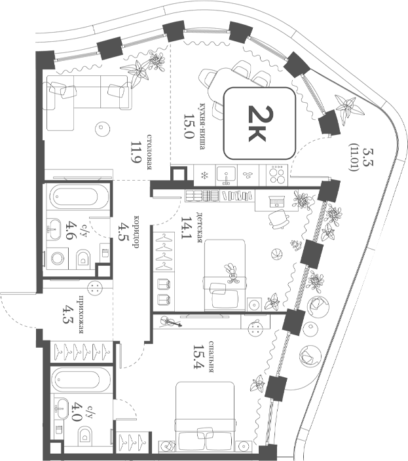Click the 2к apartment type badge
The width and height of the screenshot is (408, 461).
point(259,123)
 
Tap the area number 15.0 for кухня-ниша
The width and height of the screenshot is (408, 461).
point(188,126)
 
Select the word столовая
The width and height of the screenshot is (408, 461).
point(149,153)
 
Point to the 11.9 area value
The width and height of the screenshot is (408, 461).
point(136,154)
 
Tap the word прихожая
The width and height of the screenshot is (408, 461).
point(81,314)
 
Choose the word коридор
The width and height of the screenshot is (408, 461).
point(136,232)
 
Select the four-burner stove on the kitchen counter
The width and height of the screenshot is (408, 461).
point(277,175)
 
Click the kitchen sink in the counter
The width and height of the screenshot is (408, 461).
point(226,175)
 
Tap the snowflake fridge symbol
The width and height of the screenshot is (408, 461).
point(204,175)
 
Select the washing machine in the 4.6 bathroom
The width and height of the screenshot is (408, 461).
point(58,259)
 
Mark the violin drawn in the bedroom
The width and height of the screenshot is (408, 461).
point(170,323)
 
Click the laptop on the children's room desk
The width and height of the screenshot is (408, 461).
point(276,202)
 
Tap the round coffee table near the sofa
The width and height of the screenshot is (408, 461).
point(103,128)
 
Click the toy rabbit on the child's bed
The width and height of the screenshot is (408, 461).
point(232,274)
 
